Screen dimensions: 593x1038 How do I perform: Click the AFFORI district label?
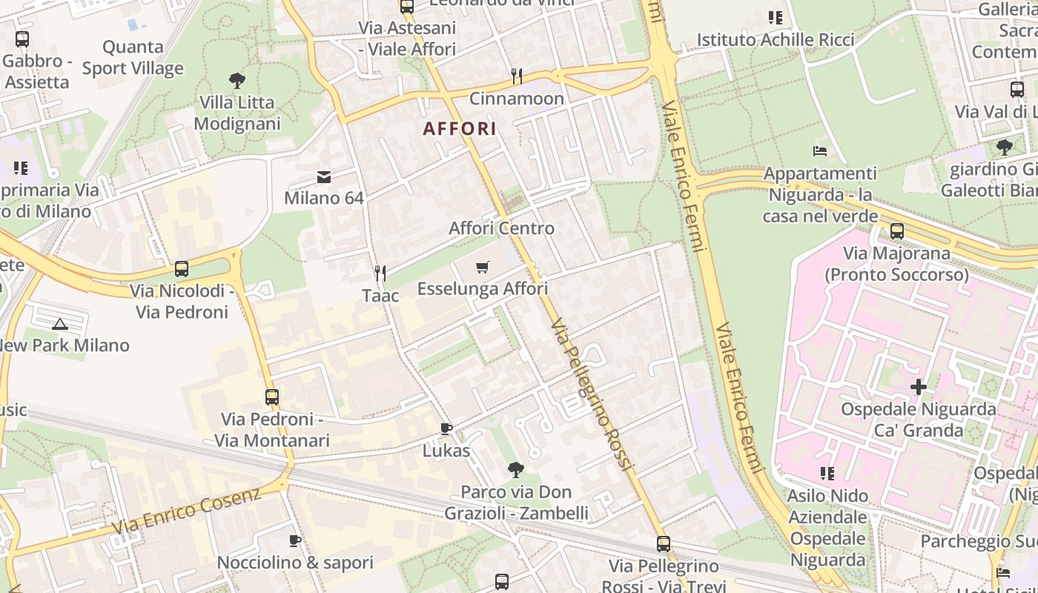pyautogui.click(x=459, y=128)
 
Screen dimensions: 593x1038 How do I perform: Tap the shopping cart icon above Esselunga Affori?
pyautogui.click(x=483, y=267)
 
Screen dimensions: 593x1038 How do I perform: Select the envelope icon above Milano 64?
pyautogui.click(x=324, y=177)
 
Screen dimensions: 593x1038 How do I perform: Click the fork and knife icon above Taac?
pyautogui.click(x=380, y=274)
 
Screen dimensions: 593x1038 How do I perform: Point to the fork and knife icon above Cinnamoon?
pyautogui.click(x=517, y=76)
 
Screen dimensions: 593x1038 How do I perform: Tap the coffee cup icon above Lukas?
pyautogui.click(x=446, y=428)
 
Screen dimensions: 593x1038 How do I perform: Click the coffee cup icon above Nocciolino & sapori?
pyautogui.click(x=294, y=540)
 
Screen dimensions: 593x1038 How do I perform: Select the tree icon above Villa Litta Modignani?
pyautogui.click(x=237, y=80)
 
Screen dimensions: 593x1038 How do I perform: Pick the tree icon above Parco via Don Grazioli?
pyautogui.click(x=516, y=469)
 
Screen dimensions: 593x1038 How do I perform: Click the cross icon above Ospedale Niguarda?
pyautogui.click(x=919, y=386)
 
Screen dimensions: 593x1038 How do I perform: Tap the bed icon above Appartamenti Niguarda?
pyautogui.click(x=820, y=152)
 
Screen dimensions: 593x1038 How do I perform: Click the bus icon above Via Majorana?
pyautogui.click(x=897, y=231)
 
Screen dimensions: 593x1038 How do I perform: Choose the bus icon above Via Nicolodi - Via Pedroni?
pyautogui.click(x=182, y=269)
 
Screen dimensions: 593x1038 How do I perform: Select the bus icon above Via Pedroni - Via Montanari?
pyautogui.click(x=272, y=397)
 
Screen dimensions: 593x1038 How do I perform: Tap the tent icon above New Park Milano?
pyautogui.click(x=60, y=323)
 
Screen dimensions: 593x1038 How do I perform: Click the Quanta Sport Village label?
pyautogui.click(x=133, y=58)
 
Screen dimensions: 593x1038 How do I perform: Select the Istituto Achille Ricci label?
pyautogui.click(x=776, y=39)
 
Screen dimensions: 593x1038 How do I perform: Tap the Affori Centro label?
pyautogui.click(x=501, y=228)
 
